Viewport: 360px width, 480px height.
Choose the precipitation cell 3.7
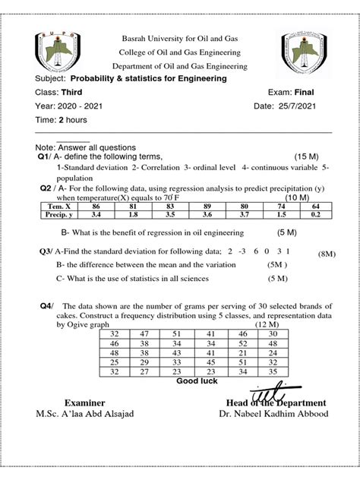(243, 215)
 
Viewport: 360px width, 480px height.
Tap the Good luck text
(197, 381)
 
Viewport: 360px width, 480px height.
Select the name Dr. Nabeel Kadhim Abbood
(271, 415)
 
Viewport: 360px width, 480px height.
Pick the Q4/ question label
(47, 305)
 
